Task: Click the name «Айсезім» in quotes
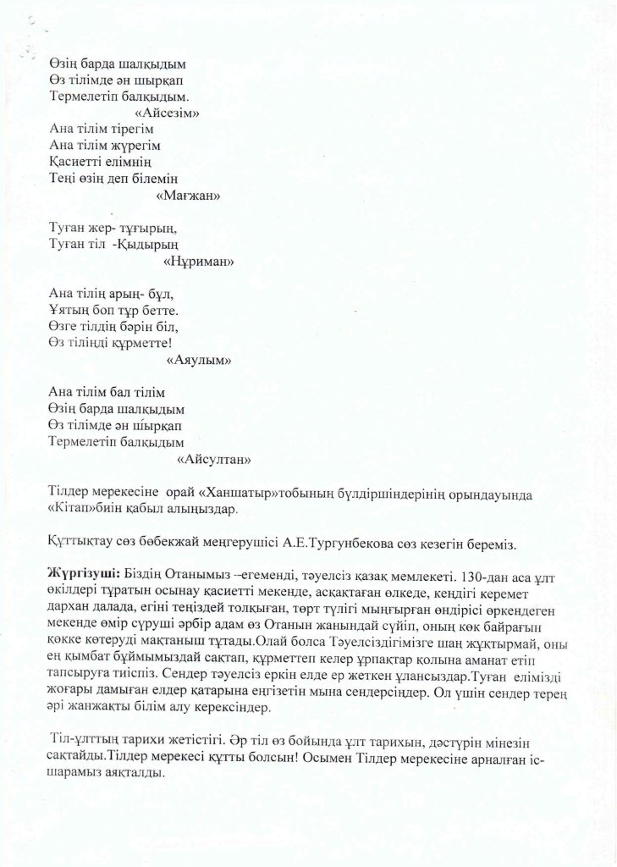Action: [x=167, y=113]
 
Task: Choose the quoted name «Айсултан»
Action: [x=213, y=459]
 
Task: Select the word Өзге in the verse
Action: [x=63, y=326]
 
